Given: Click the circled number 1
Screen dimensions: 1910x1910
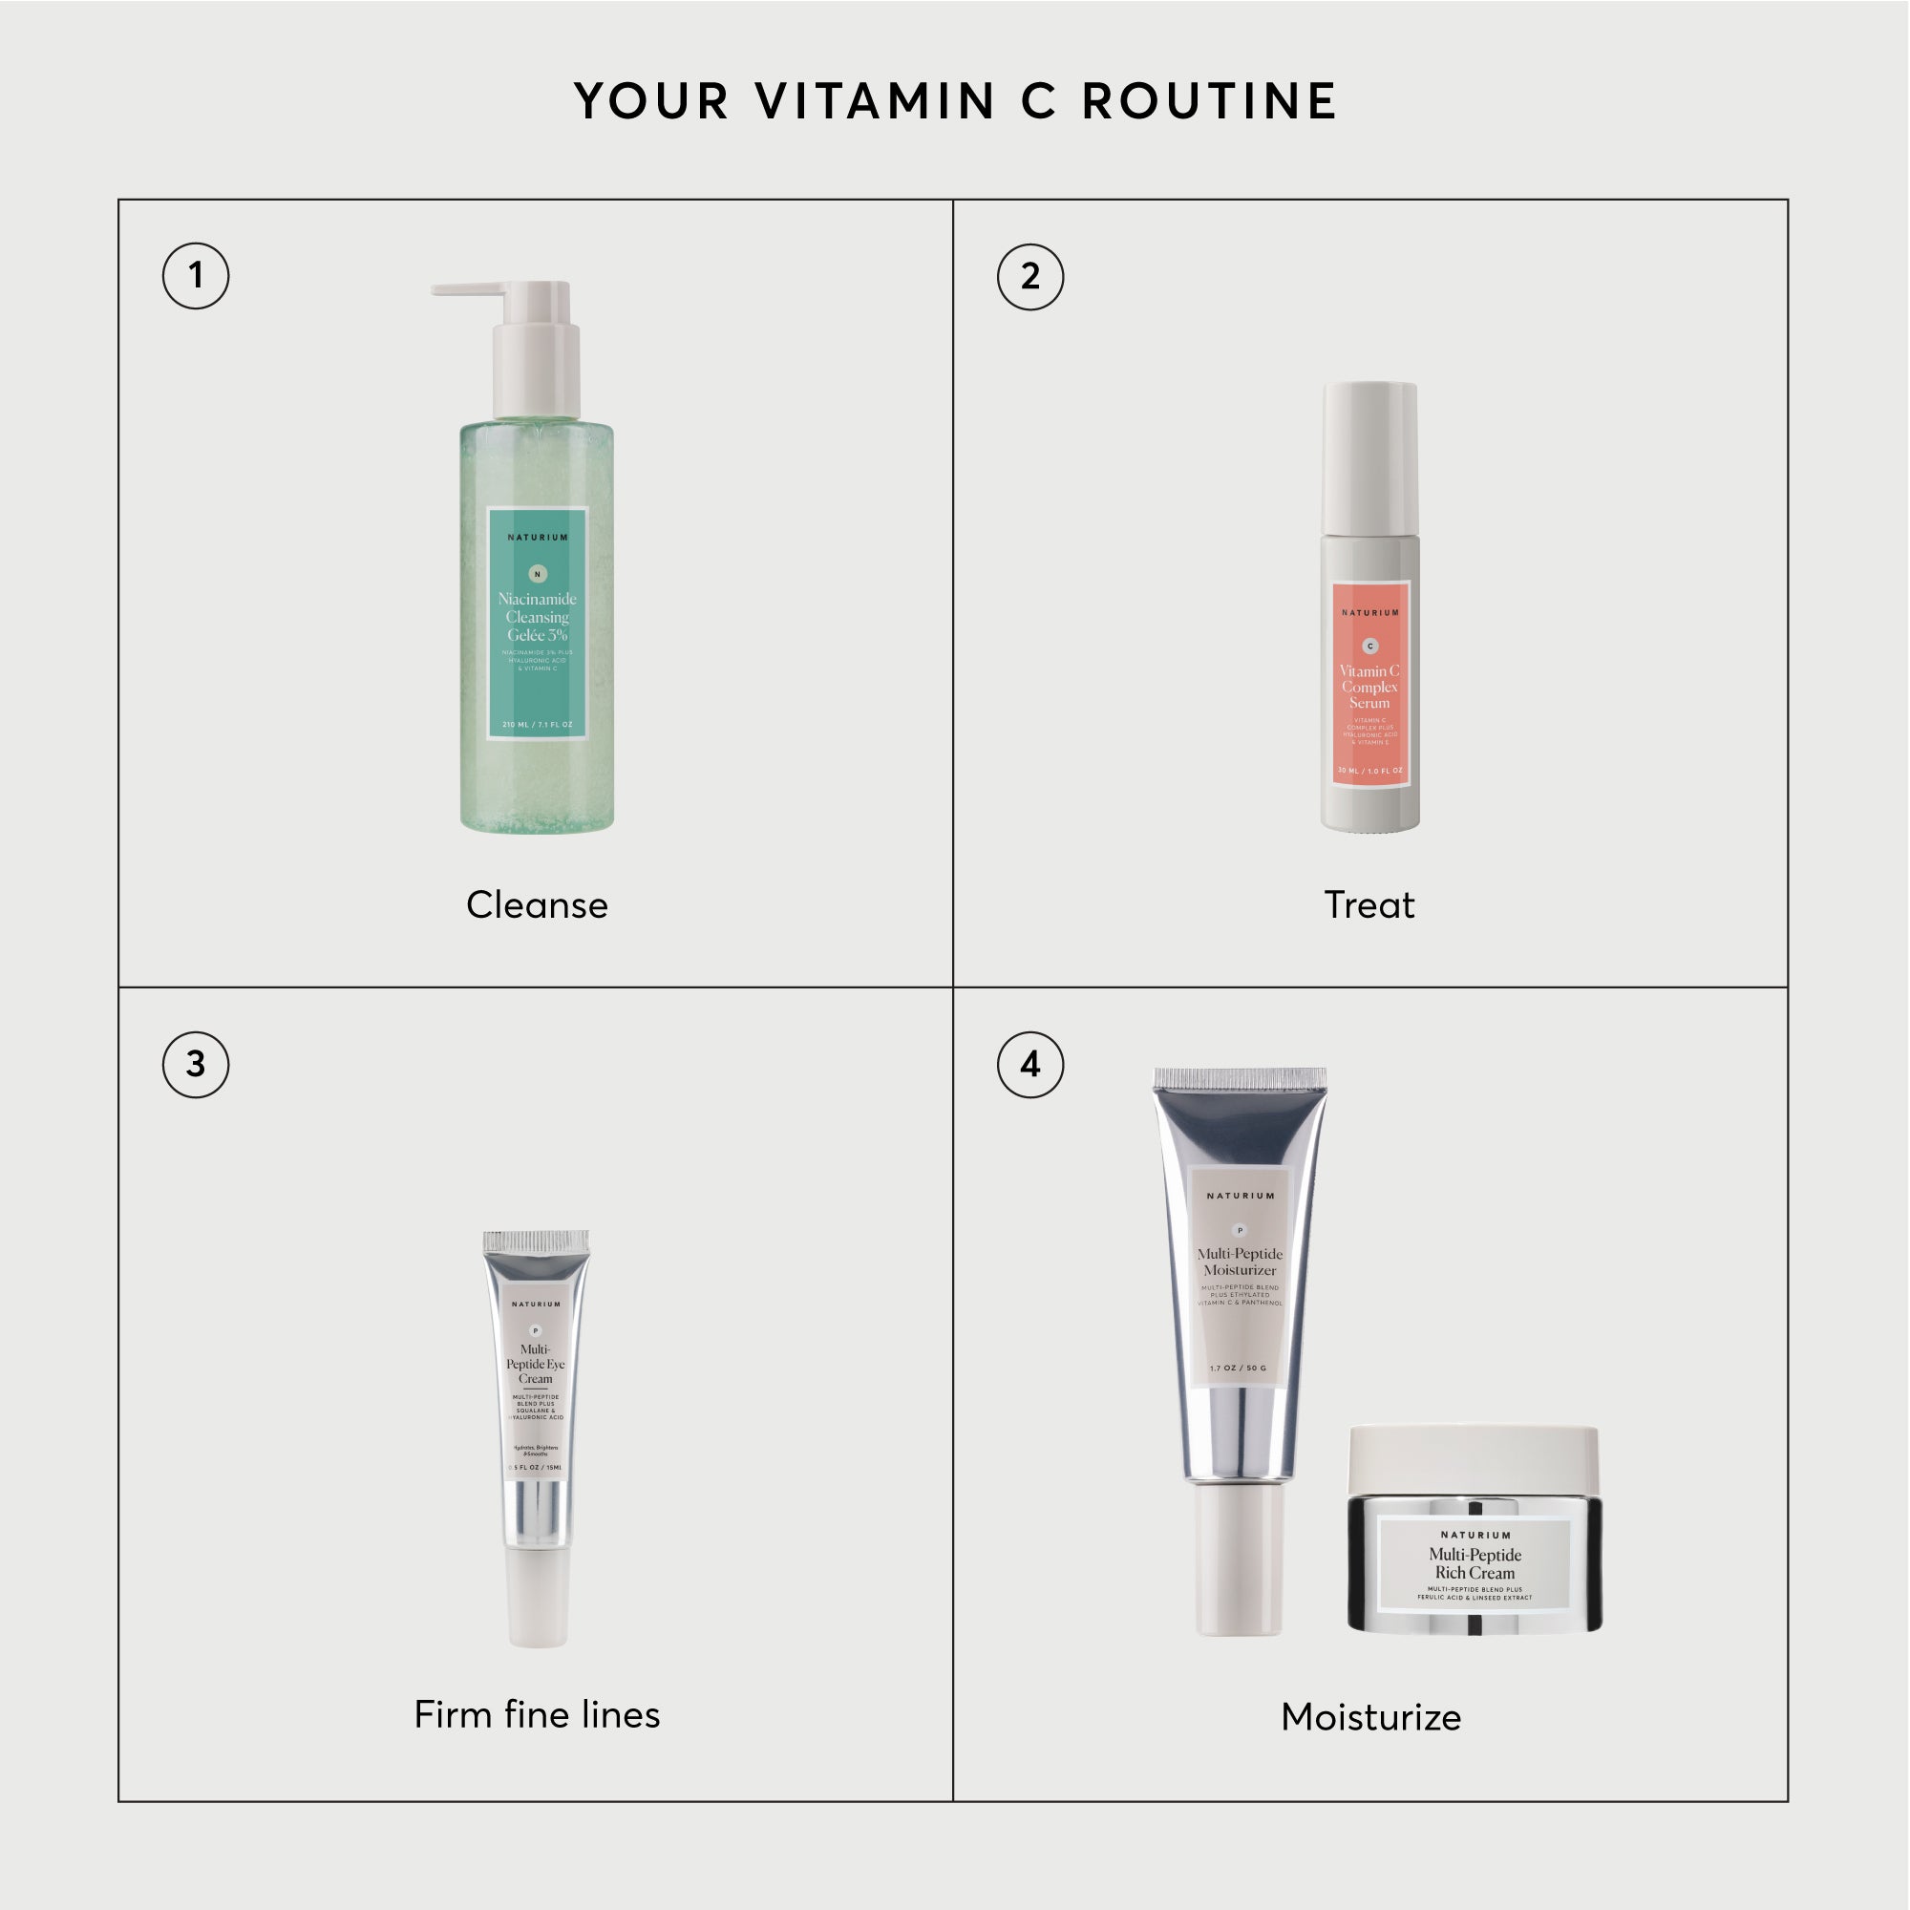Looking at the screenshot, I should [x=196, y=276].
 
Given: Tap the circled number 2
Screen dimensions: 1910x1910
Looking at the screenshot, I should [x=1030, y=277].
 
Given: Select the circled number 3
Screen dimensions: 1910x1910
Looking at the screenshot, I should [x=196, y=1065].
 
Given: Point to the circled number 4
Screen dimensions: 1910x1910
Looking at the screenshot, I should [x=1030, y=1065].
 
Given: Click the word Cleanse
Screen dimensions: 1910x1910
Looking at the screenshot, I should [x=537, y=905].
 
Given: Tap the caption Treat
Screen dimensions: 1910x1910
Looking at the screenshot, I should [x=1369, y=905].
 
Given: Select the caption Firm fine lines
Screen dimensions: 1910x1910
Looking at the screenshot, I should [x=537, y=1715].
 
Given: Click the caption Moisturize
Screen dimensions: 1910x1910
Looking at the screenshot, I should [x=1370, y=1717].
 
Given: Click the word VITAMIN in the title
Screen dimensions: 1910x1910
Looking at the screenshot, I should [x=875, y=102].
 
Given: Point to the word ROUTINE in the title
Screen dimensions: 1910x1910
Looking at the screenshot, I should [x=1210, y=102].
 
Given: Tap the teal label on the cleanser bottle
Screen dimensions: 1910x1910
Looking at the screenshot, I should [x=538, y=623].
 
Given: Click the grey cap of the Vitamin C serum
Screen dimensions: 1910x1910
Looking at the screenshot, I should [x=1370, y=456].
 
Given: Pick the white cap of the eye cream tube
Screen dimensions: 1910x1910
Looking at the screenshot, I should [x=538, y=1597].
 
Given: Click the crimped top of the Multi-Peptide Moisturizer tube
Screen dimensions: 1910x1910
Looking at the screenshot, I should [x=1240, y=1078].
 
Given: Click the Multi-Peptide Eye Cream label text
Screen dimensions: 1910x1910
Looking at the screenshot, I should [x=536, y=1364].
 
